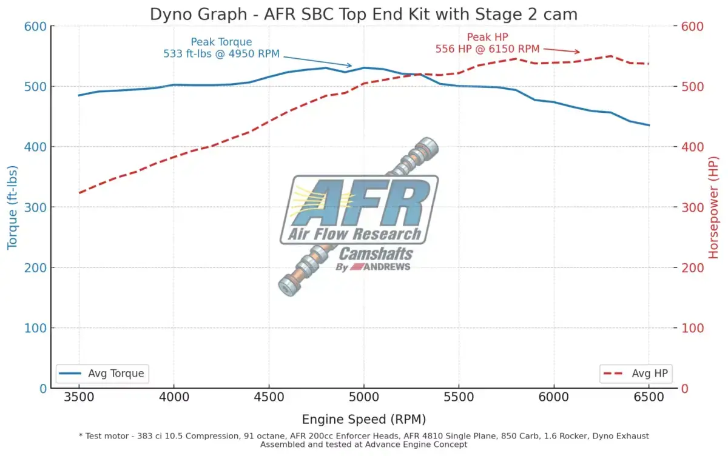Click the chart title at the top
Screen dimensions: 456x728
[x=364, y=14]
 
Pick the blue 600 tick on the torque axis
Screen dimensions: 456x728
[x=35, y=27]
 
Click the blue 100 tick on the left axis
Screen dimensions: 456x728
[x=35, y=328]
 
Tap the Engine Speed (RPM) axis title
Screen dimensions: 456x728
[x=363, y=420]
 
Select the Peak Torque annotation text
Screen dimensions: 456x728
[x=221, y=48]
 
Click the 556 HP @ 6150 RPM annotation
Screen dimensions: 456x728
[x=487, y=49]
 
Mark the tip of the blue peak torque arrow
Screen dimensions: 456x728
[x=351, y=65]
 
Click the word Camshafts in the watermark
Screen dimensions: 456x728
[x=376, y=253]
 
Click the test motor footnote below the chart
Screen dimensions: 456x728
[x=363, y=440]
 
